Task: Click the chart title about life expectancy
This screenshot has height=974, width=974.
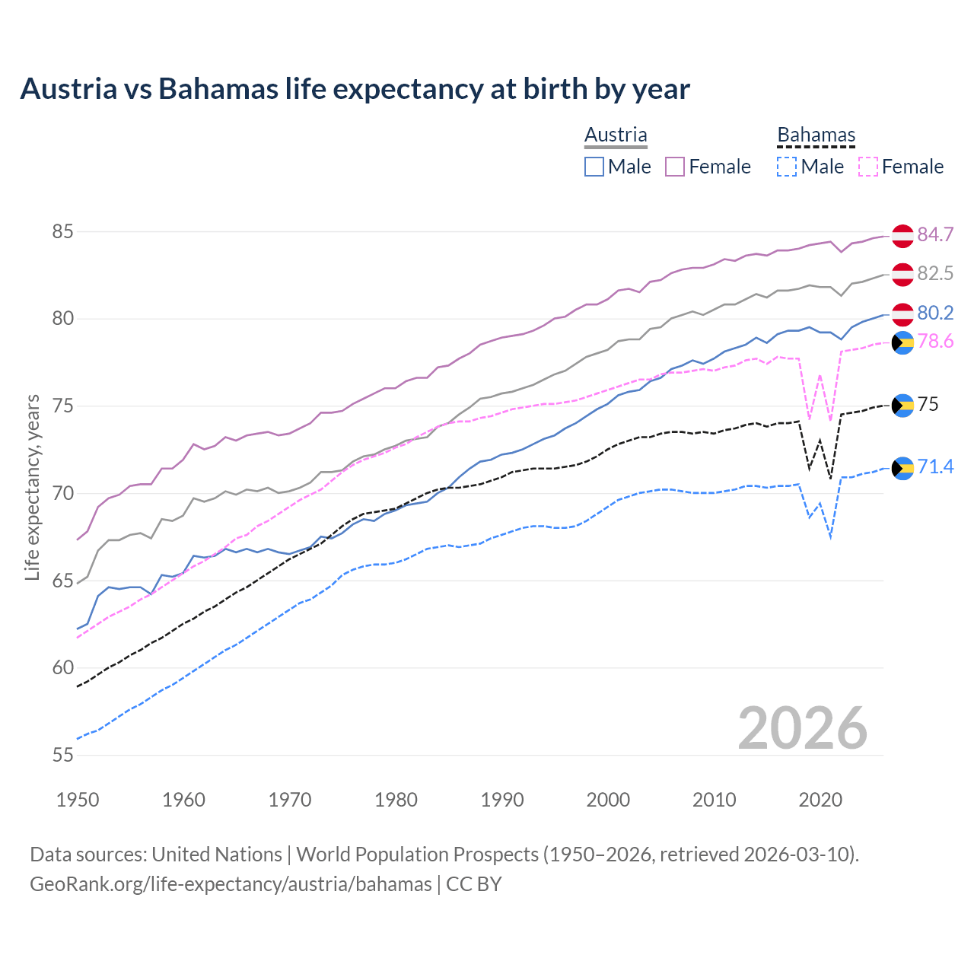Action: [355, 89]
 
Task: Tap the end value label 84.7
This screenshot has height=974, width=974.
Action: [935, 234]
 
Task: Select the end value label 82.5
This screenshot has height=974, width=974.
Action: [935, 273]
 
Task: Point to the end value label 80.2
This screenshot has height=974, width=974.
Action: [935, 313]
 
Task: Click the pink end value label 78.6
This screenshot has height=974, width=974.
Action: [935, 341]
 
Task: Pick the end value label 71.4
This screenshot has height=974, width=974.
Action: [935, 466]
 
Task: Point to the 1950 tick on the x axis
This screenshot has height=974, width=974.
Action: [78, 800]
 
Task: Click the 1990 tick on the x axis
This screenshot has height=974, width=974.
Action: [502, 800]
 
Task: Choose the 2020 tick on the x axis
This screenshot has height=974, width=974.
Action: [820, 800]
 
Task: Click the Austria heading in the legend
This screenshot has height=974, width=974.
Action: [616, 135]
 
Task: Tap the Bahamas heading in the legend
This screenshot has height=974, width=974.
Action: [816, 135]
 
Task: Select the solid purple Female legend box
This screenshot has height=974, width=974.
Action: [675, 167]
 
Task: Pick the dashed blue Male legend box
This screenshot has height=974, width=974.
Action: [787, 167]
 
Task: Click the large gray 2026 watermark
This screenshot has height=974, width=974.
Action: [802, 728]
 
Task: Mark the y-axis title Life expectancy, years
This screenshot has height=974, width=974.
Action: [32, 487]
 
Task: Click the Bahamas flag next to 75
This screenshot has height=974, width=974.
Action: [902, 405]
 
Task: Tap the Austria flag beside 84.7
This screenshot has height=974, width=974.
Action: [902, 235]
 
